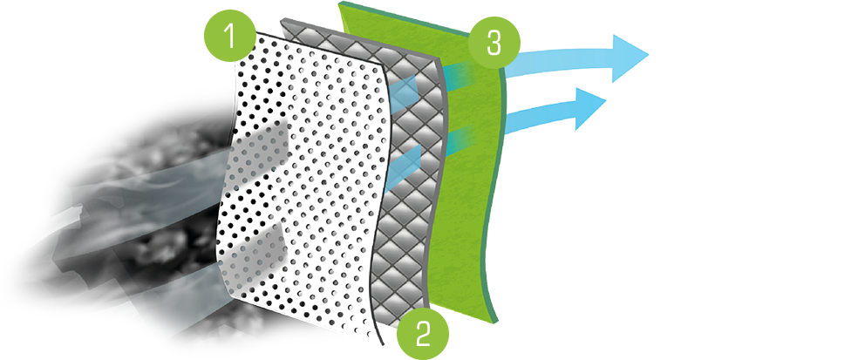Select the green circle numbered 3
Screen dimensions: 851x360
coord(494,44)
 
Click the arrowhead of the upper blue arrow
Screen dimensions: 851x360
coord(630,58)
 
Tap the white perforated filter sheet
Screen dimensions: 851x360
coord(304,184)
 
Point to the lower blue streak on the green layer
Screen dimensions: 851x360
coord(462,139)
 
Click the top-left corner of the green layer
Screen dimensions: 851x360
coord(338,3)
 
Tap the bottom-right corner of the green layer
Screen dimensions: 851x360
coord(498,323)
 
